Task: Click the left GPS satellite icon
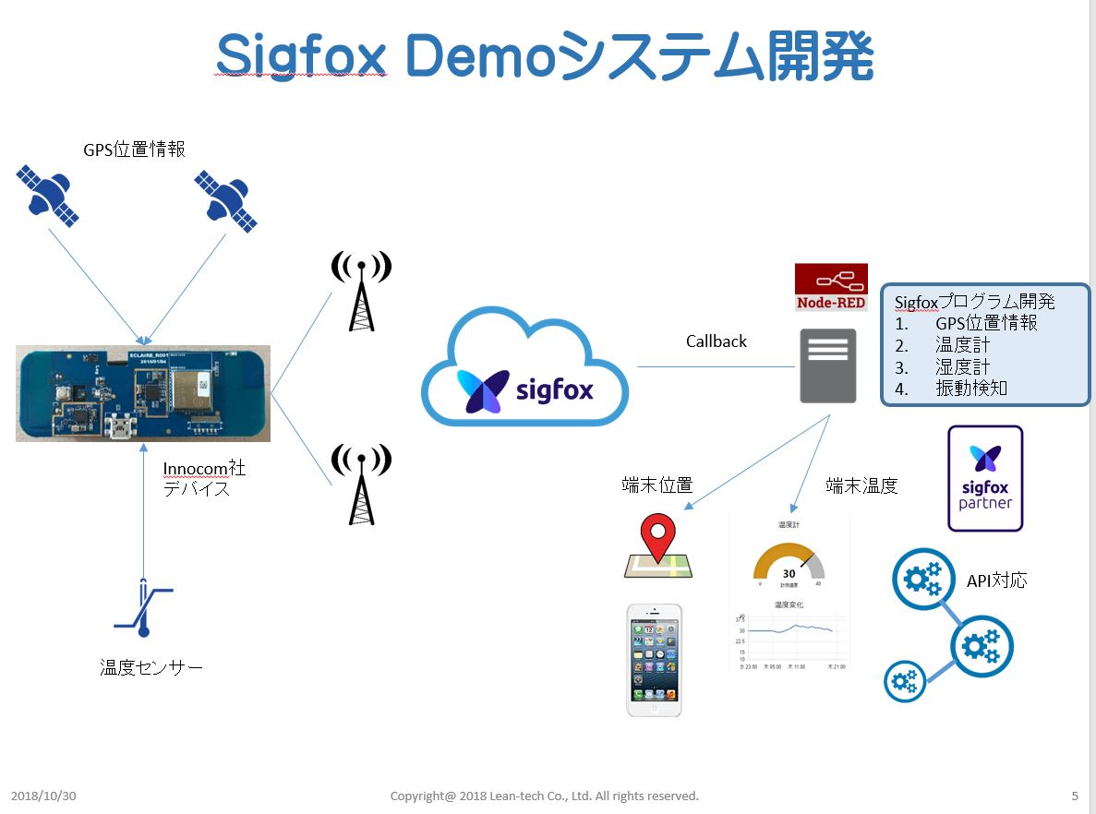click(48, 195)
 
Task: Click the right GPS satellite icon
click(225, 199)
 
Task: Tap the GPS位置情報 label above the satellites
click(135, 149)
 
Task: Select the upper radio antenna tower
click(361, 291)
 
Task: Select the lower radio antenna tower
click(361, 484)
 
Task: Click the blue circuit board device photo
click(143, 393)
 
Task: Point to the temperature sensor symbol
click(143, 608)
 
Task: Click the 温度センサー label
click(151, 667)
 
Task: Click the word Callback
click(716, 341)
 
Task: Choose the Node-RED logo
click(831, 287)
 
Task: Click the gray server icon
click(827, 365)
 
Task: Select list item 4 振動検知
click(970, 389)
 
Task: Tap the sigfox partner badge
click(985, 478)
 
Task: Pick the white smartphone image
click(655, 660)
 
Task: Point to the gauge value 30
click(789, 573)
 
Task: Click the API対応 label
click(996, 581)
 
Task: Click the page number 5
click(1075, 796)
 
